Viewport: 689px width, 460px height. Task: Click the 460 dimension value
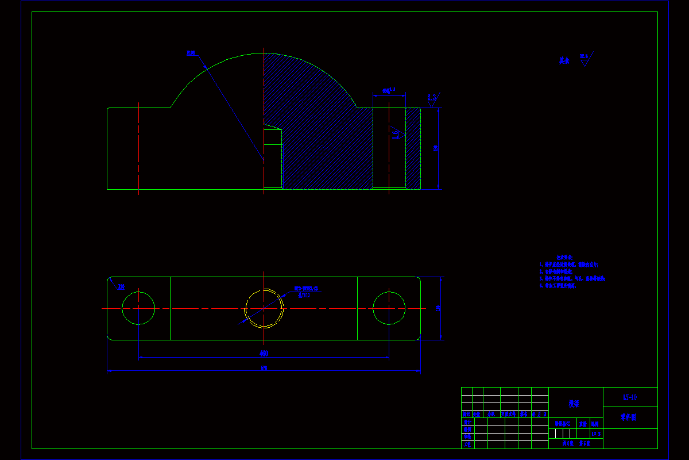[x=264, y=353]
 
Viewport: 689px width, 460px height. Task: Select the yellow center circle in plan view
[x=264, y=308]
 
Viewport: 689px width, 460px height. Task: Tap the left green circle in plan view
[x=138, y=308]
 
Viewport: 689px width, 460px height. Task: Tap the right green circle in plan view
[x=389, y=308]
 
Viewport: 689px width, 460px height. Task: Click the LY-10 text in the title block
[x=630, y=397]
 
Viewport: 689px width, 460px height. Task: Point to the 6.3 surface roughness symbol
[x=432, y=98]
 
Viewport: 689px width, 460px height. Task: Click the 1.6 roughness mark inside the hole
[x=396, y=135]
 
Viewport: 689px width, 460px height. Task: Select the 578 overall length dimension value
[x=264, y=368]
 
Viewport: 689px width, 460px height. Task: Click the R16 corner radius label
[x=121, y=286]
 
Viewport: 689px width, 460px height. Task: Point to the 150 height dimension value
[x=435, y=148]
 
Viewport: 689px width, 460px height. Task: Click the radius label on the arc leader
[x=191, y=53]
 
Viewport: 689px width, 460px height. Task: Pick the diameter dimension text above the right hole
[x=389, y=91]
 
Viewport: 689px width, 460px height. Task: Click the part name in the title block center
[x=574, y=404]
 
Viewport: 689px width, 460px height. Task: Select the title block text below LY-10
[x=630, y=417]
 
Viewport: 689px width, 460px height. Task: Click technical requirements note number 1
[x=569, y=264]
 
